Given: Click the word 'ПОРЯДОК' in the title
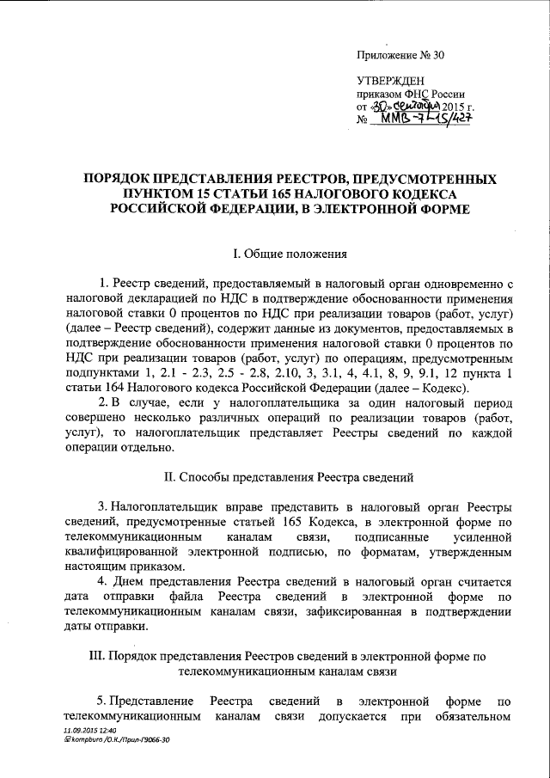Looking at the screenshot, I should tap(118, 179).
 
